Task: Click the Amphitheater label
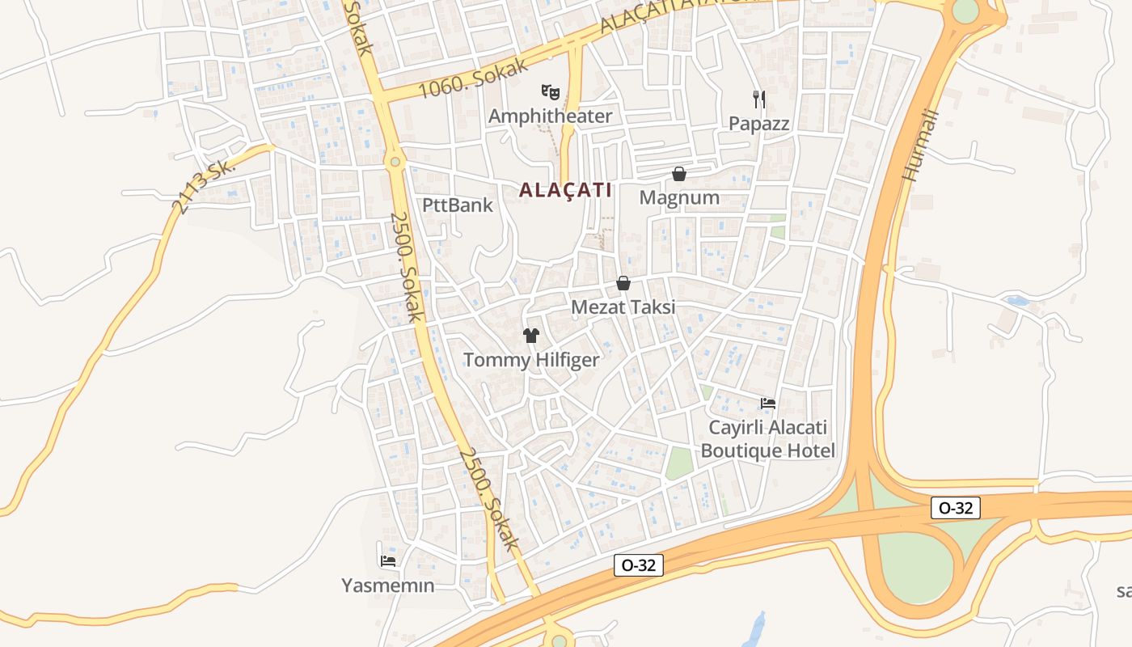pyautogui.click(x=550, y=116)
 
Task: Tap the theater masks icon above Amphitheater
pyautogui.click(x=551, y=91)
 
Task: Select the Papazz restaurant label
pyautogui.click(x=758, y=124)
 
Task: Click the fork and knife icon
pyautogui.click(x=758, y=99)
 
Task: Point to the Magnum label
pyautogui.click(x=679, y=197)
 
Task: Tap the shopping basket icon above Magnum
pyautogui.click(x=679, y=174)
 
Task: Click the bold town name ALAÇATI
pyautogui.click(x=565, y=190)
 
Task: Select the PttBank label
pyautogui.click(x=458, y=205)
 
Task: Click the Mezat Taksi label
pyautogui.click(x=623, y=307)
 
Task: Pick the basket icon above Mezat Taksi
pyautogui.click(x=623, y=283)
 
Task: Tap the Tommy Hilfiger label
pyautogui.click(x=531, y=360)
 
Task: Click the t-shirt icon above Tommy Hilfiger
pyautogui.click(x=531, y=336)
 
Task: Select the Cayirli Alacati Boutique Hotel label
pyautogui.click(x=767, y=439)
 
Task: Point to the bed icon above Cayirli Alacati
pyautogui.click(x=767, y=403)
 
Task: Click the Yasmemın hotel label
pyautogui.click(x=388, y=586)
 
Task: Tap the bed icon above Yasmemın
pyautogui.click(x=388, y=560)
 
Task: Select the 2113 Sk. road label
pyautogui.click(x=203, y=185)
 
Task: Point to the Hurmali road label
pyautogui.click(x=920, y=145)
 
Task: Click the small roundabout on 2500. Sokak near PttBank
pyautogui.click(x=395, y=162)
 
